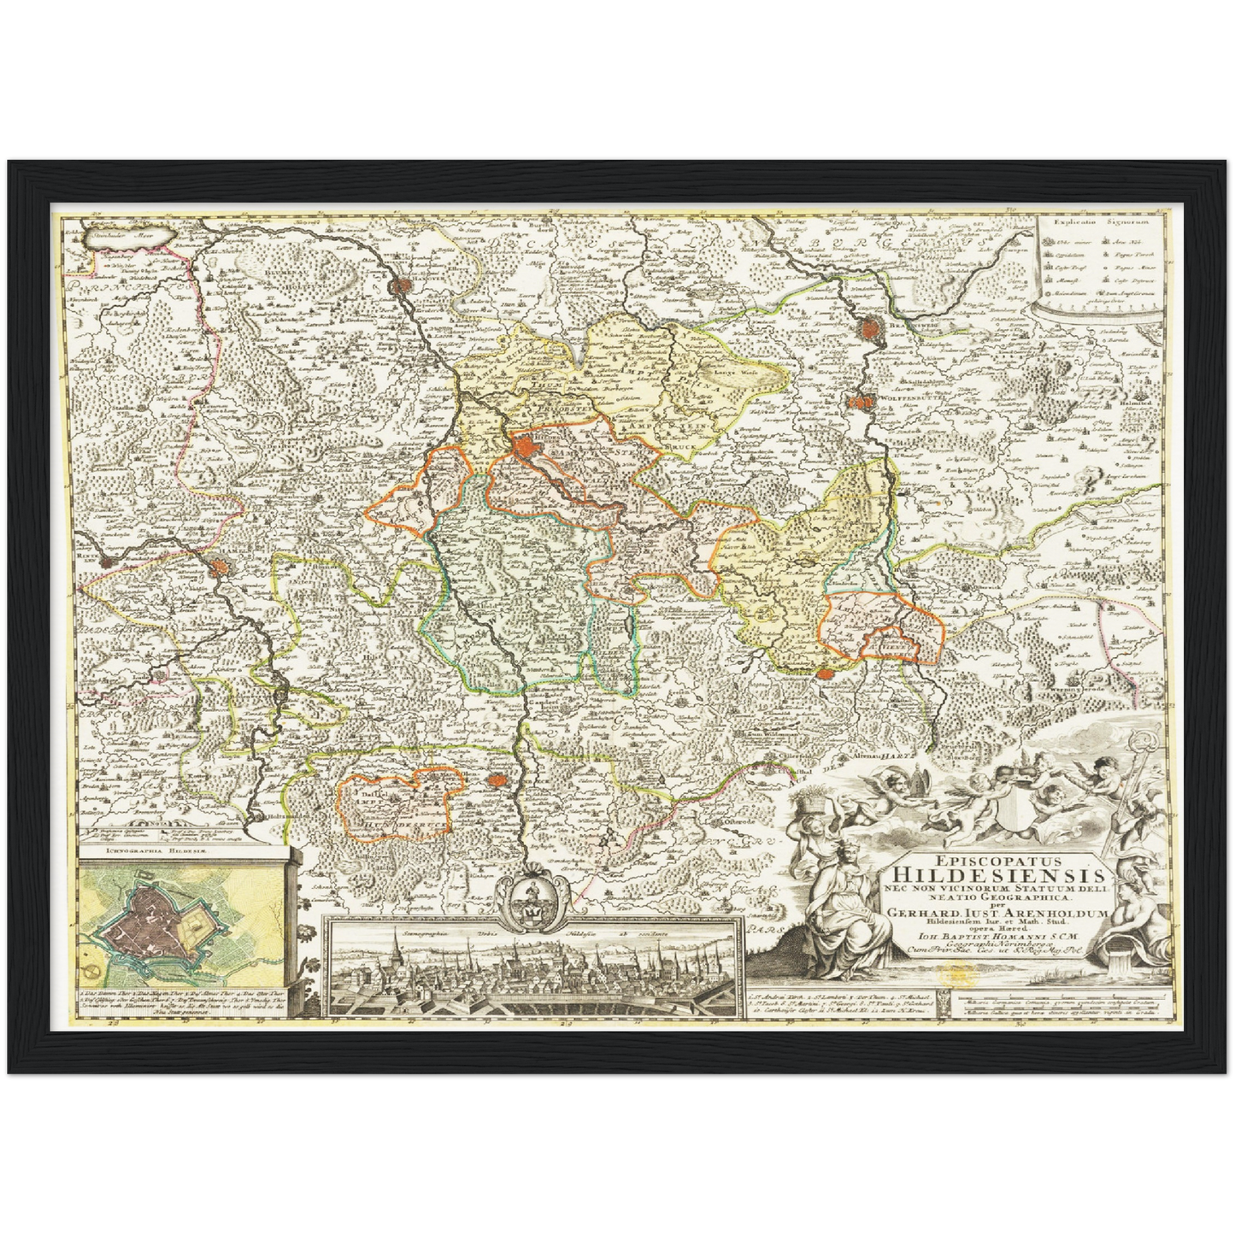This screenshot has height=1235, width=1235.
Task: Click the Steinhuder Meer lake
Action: [129, 235]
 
